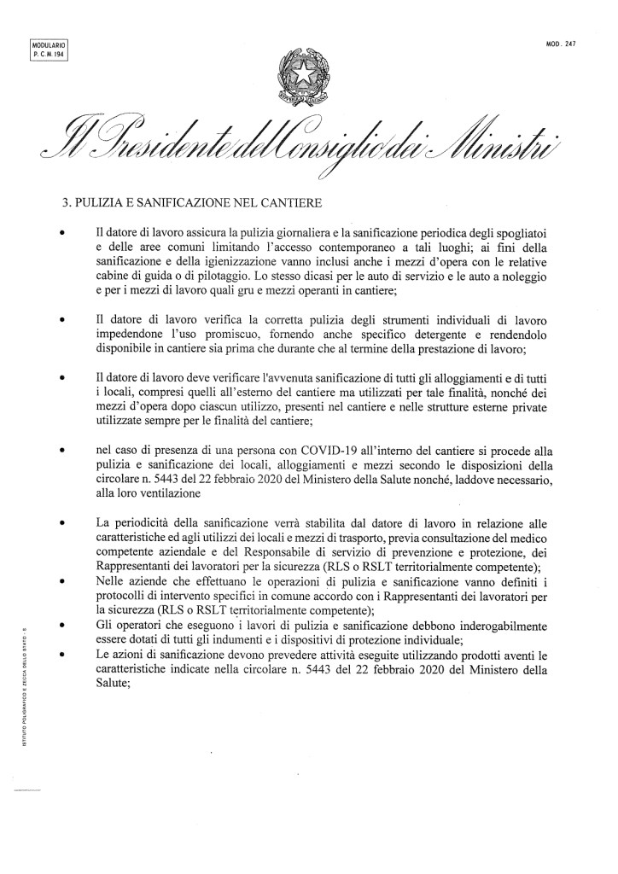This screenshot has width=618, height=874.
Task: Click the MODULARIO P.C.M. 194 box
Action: [48, 48]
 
